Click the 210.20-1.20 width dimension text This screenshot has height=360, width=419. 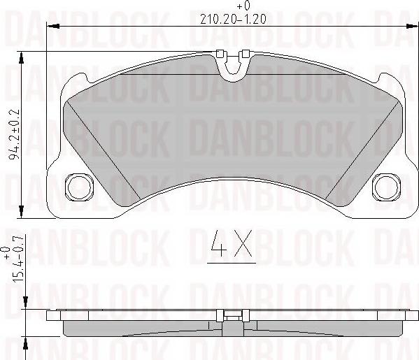[234, 20]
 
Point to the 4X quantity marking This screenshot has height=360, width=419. [233, 245]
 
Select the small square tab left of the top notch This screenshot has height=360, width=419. [220, 54]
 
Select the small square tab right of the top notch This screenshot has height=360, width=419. [245, 54]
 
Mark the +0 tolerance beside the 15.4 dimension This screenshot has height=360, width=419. [6, 252]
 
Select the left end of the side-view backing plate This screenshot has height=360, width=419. [50, 316]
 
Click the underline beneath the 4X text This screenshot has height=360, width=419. [233, 263]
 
